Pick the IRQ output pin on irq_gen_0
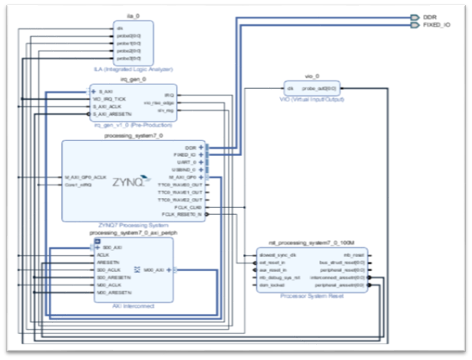(169, 93)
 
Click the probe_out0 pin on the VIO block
(319, 87)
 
